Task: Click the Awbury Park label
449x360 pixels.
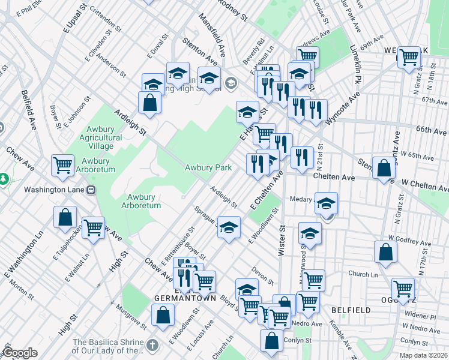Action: [208, 169]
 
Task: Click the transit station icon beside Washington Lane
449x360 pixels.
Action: [91, 190]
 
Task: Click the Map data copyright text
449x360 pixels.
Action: [423, 355]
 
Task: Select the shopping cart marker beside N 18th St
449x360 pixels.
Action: [409, 58]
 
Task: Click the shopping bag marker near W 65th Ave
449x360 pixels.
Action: [384, 169]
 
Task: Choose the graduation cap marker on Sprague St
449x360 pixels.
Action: [228, 227]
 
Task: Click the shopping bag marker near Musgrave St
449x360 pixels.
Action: [163, 314]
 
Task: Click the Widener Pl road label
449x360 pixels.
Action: [420, 315]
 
